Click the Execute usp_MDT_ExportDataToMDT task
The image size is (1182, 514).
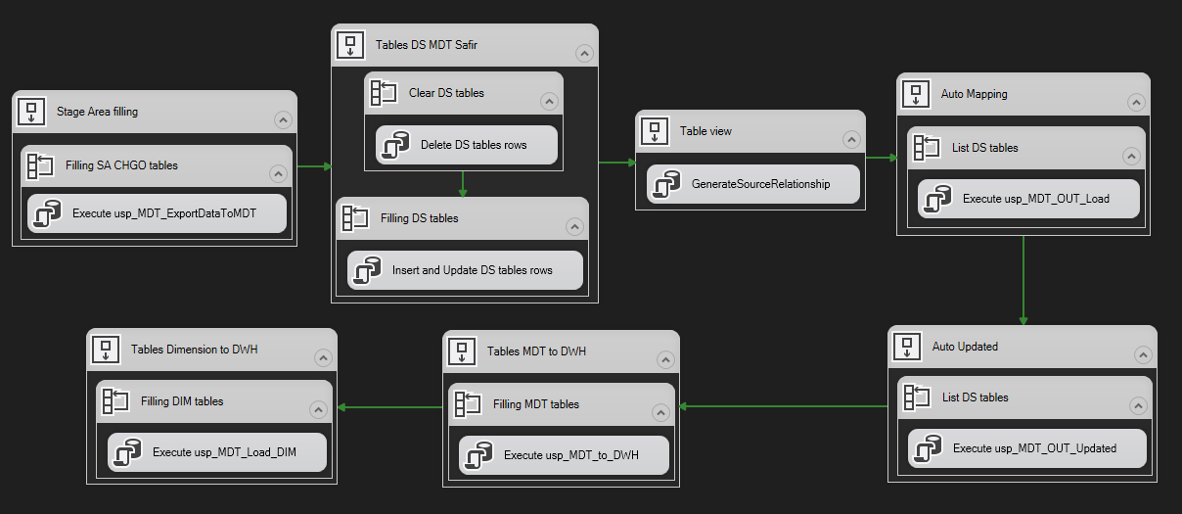tap(157, 213)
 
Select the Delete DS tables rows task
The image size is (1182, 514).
tap(467, 145)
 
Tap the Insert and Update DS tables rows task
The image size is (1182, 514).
tap(466, 270)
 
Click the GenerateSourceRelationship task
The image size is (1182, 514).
tap(752, 184)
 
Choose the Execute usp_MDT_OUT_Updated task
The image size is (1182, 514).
tap(1027, 448)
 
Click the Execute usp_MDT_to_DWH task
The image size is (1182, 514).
tap(564, 455)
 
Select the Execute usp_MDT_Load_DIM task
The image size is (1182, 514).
tap(216, 453)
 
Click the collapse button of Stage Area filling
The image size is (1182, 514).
tap(283, 119)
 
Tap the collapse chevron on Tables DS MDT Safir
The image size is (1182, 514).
tap(584, 54)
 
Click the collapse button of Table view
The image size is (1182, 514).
tap(851, 138)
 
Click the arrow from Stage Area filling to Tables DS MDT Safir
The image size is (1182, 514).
tap(313, 166)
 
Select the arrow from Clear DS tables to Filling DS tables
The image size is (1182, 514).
tap(463, 183)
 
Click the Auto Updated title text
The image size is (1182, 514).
tap(965, 347)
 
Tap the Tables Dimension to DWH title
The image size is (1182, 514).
tap(195, 350)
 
